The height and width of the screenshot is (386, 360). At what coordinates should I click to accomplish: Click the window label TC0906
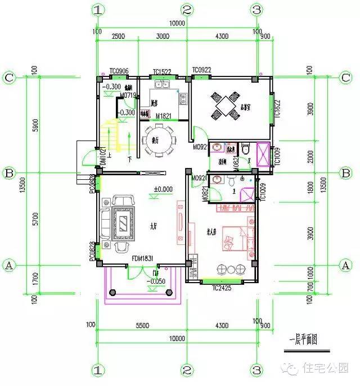click(x=119, y=71)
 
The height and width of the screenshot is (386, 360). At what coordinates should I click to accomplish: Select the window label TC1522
click(x=163, y=71)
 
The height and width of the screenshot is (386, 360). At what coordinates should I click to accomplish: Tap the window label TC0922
click(x=201, y=70)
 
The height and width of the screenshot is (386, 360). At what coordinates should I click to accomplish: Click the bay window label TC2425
click(x=222, y=288)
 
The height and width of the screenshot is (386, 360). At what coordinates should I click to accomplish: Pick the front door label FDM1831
click(x=143, y=259)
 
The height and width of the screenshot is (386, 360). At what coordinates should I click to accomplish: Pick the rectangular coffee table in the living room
click(x=121, y=225)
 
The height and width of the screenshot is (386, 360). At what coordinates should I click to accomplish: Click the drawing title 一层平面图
click(x=303, y=341)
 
